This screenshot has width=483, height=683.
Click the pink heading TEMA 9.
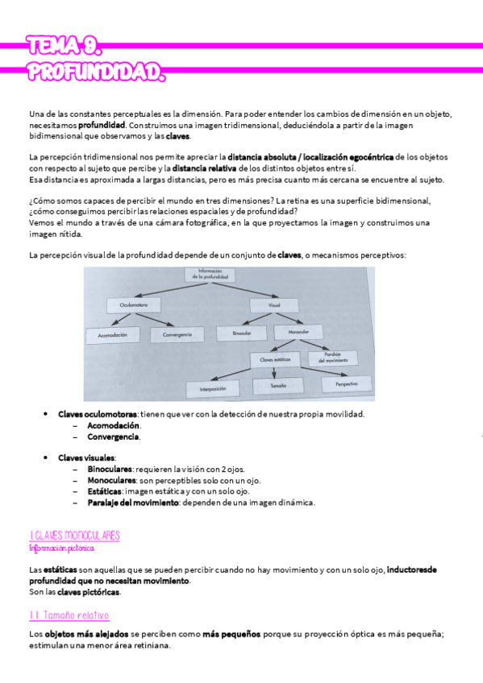(x=63, y=46)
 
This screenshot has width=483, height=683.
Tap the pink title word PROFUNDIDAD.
(x=95, y=73)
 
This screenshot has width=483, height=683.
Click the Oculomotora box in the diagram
(x=133, y=306)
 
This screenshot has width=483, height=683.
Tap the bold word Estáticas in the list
(x=106, y=491)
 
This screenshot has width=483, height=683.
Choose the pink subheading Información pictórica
(x=61, y=548)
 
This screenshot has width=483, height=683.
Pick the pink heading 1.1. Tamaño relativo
(x=69, y=615)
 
